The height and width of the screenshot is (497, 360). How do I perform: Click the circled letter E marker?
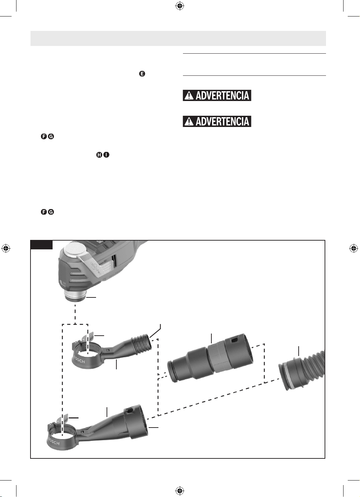[x=142, y=74]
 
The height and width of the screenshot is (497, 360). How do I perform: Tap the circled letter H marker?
[x=99, y=155]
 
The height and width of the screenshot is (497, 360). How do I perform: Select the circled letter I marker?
[x=107, y=155]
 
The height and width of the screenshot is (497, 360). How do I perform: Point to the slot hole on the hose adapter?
[x=234, y=340]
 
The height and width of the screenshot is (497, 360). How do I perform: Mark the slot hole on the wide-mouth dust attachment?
[x=128, y=411]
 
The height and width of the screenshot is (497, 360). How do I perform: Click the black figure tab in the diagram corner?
[x=41, y=245]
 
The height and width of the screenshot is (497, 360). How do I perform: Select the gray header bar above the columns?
[x=178, y=38]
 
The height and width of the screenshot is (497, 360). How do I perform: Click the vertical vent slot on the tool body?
[x=114, y=261]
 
